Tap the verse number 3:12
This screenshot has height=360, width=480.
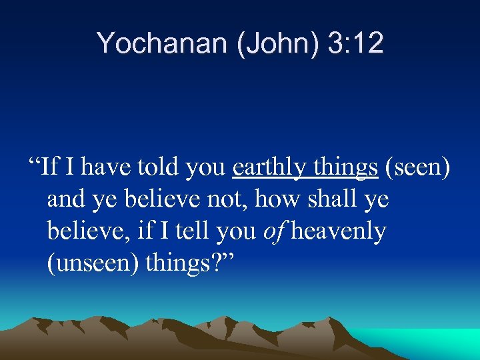[355, 43]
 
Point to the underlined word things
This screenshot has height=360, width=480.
[344, 167]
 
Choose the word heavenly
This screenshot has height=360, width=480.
[339, 231]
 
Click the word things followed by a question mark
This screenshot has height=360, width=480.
[184, 263]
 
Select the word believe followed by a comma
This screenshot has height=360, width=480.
[88, 231]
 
